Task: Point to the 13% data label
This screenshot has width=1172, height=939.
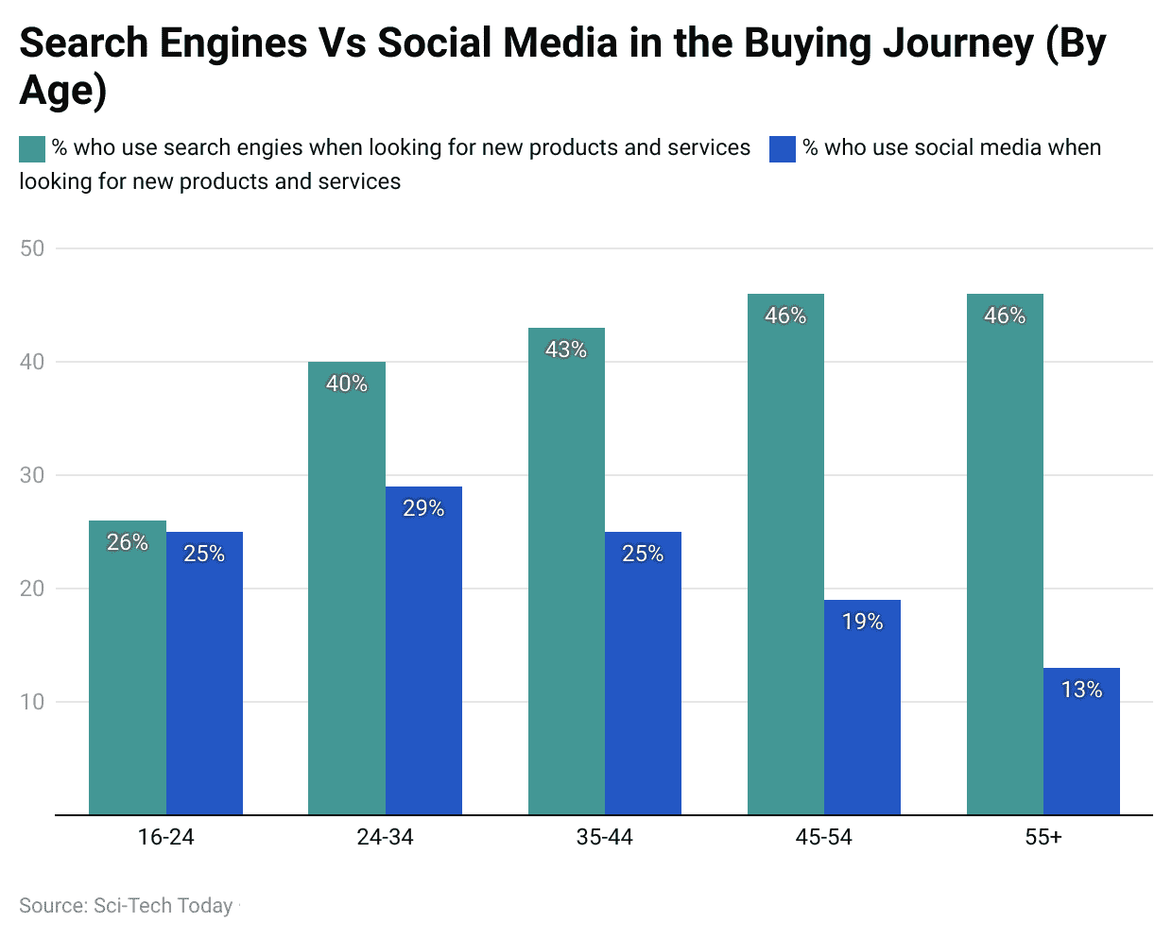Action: pos(1081,690)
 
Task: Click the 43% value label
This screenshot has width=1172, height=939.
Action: pos(566,350)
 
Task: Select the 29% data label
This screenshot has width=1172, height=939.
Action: pos(423,508)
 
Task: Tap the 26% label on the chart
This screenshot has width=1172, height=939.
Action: pos(128,542)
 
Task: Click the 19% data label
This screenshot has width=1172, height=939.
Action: pos(862,622)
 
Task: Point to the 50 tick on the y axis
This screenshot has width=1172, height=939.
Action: pos(32,248)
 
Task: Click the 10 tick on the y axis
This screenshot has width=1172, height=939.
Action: pos(32,702)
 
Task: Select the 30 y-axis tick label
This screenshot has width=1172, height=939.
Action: pos(32,475)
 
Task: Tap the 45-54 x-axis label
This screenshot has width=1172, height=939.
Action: pos(823,837)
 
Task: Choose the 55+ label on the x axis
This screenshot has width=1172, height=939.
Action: pos(1043,837)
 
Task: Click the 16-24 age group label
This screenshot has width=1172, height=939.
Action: pos(165,837)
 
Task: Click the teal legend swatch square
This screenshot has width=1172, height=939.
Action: pos(32,148)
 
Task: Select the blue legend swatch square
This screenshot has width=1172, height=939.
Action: pos(783,148)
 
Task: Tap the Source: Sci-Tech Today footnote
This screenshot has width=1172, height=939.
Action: pos(126,906)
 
